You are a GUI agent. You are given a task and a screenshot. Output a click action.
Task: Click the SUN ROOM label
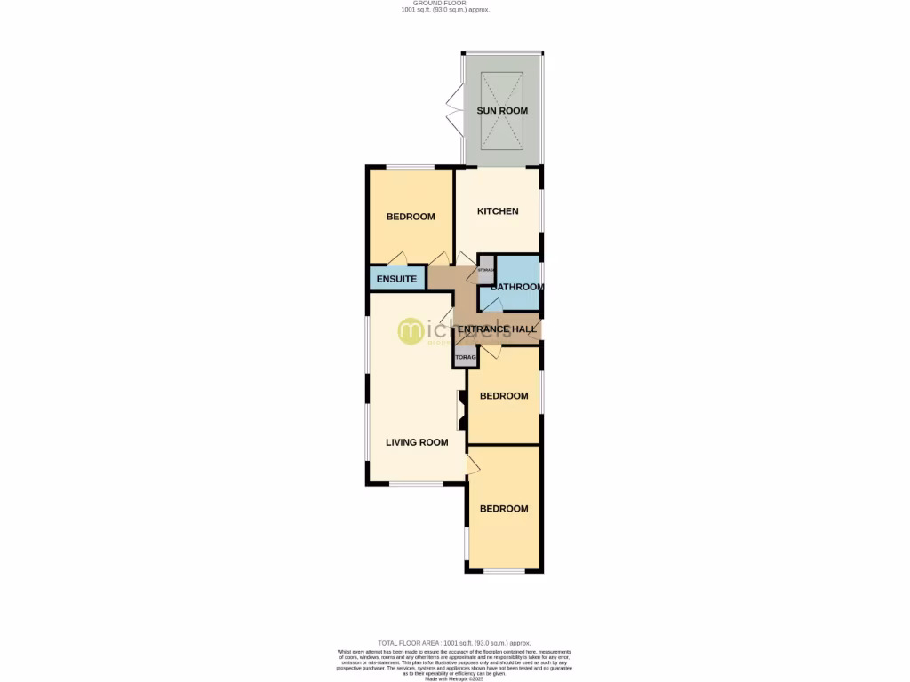[x=502, y=111]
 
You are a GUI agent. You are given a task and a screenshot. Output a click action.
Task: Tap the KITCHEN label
[x=498, y=211]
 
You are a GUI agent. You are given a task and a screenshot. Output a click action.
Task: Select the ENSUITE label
[x=396, y=279]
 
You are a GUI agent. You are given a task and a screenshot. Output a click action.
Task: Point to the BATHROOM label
[x=516, y=287]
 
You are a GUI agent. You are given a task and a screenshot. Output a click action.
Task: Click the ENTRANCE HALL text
[x=497, y=329]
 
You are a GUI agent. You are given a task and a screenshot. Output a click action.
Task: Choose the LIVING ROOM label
[x=416, y=441]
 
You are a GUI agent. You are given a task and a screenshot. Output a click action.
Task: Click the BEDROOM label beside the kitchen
[x=410, y=218]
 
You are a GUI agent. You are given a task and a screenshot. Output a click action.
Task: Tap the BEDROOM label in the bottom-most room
[x=504, y=509]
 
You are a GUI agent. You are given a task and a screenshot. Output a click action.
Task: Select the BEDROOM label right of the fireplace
[x=504, y=396]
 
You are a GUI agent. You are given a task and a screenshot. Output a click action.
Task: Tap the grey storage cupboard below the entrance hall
[x=466, y=358]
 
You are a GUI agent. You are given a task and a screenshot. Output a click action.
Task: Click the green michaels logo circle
[x=412, y=330]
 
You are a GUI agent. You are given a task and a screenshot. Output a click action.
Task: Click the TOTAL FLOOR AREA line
[x=454, y=642]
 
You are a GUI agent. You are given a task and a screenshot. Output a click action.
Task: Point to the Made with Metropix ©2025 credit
[x=454, y=678]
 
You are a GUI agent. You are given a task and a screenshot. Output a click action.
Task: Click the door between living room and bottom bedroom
[x=473, y=461]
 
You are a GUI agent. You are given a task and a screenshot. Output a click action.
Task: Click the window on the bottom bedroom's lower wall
[x=504, y=570]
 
